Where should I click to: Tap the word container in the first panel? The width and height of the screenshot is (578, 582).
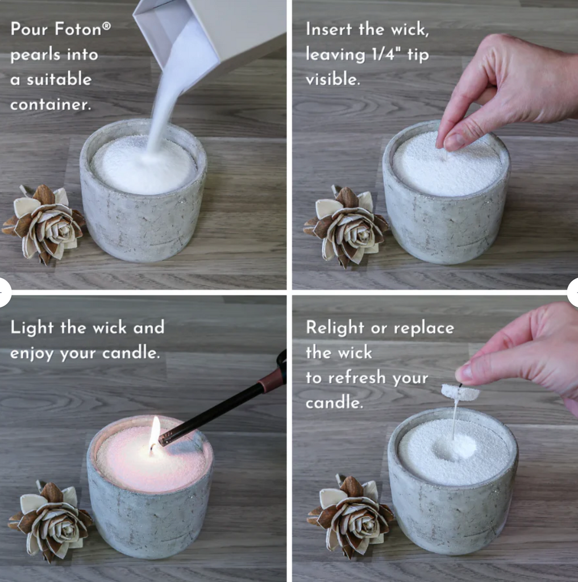pos(51,105)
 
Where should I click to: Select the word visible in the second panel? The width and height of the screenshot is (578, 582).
pos(333,78)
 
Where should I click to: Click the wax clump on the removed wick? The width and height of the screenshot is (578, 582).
pos(460,392)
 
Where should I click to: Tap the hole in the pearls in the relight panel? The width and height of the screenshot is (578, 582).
pos(455,447)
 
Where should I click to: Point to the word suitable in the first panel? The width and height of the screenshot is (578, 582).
pos(59,79)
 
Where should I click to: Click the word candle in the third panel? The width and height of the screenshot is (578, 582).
pos(131,352)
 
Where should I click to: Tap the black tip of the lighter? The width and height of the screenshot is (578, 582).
pos(164,440)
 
